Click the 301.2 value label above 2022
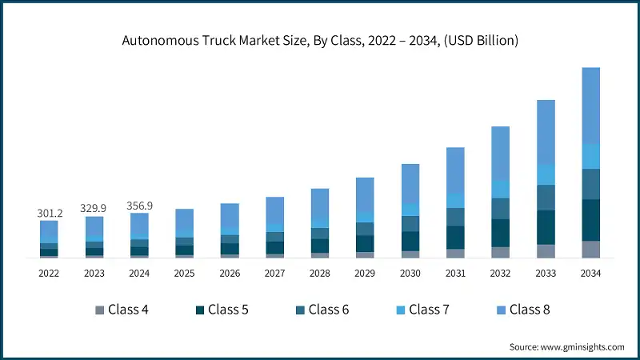(50, 213)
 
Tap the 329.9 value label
(94, 208)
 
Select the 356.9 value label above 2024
(139, 206)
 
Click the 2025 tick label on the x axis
(184, 273)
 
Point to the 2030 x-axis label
(410, 273)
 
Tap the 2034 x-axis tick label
(591, 273)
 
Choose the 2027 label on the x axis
(274, 273)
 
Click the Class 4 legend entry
(122, 309)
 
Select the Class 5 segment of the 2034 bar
(591, 220)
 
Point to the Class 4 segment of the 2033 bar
(546, 251)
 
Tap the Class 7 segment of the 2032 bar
(501, 189)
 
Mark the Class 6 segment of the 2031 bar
(455, 217)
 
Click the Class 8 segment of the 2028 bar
(320, 203)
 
